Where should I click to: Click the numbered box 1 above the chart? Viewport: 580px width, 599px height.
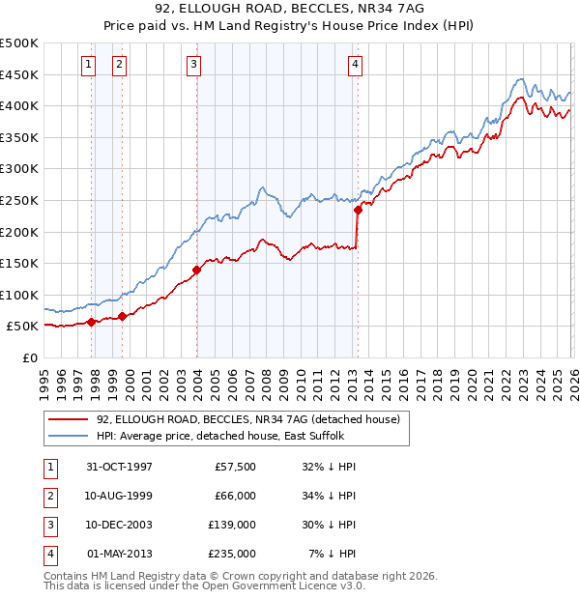tap(88, 65)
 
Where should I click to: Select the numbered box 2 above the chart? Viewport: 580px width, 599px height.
tap(119, 65)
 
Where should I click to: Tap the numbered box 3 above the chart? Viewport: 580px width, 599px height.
tap(193, 65)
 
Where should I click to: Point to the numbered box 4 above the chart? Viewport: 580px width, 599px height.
tap(356, 65)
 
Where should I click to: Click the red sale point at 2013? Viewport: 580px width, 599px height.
tap(358, 209)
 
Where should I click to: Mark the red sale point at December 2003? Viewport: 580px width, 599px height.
tap(196, 270)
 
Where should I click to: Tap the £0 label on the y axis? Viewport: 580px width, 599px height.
tap(29, 357)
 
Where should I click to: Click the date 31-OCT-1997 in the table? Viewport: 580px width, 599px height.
tap(120, 467)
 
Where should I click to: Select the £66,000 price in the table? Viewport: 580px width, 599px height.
tap(233, 496)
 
